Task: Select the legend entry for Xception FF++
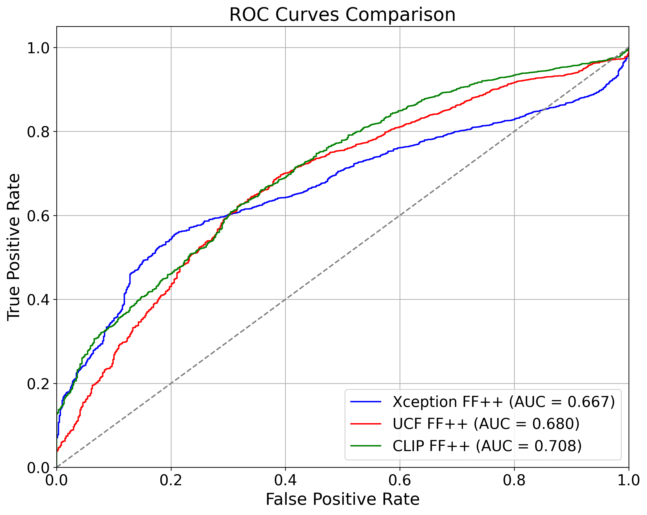(504, 402)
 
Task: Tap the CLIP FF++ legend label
(487, 446)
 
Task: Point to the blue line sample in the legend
(366, 402)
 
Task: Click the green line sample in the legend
(366, 446)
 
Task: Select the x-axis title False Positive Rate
(342, 499)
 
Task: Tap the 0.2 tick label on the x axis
(171, 480)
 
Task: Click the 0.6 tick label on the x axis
(400, 480)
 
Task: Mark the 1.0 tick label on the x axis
(628, 480)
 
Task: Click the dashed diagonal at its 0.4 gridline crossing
(285, 299)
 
